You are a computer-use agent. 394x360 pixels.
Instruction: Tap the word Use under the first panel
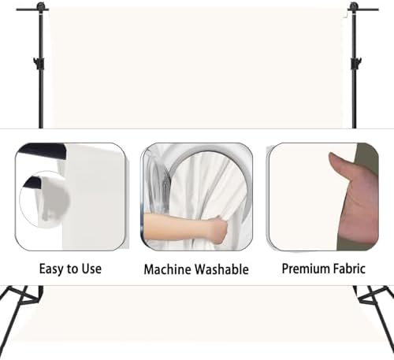coord(91,269)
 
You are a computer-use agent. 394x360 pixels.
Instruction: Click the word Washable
coord(221,269)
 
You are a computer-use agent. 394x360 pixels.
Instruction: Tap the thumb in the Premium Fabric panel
coord(340,165)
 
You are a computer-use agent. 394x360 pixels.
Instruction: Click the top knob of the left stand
coord(41,6)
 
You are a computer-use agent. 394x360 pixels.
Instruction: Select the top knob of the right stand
coord(354,6)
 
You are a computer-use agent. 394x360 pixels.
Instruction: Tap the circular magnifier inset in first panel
coord(44,199)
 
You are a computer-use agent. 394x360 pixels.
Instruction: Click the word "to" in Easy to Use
coord(72,269)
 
